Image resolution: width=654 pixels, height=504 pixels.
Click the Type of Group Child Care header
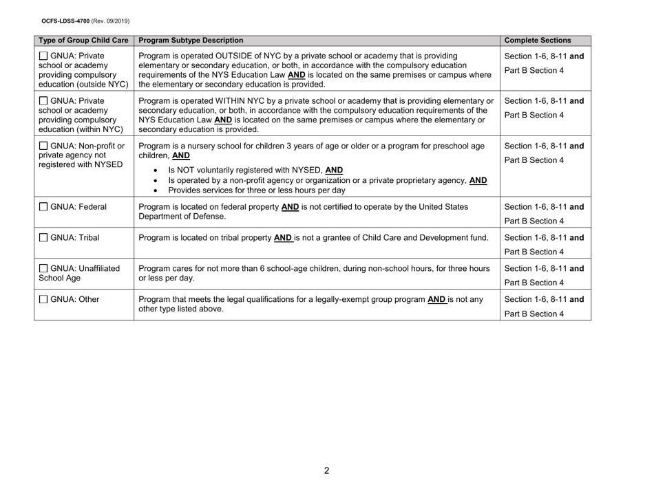click(x=84, y=40)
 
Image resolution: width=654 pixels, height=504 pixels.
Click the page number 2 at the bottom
click(x=327, y=470)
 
